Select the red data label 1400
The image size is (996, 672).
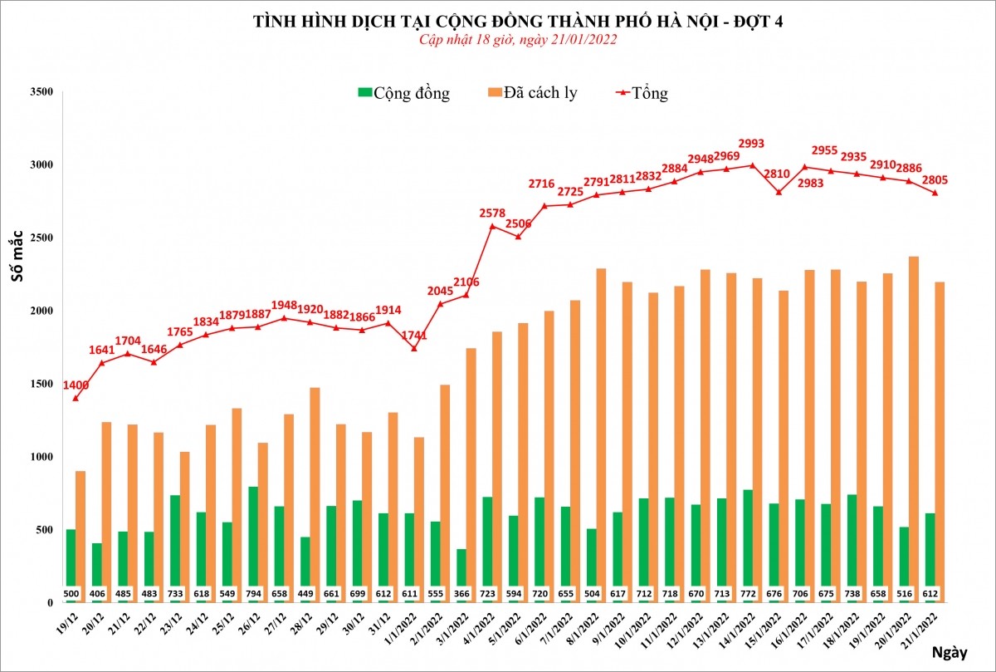(x=75, y=385)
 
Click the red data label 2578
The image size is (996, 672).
(x=492, y=213)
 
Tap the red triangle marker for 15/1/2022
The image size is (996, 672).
(x=778, y=192)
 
